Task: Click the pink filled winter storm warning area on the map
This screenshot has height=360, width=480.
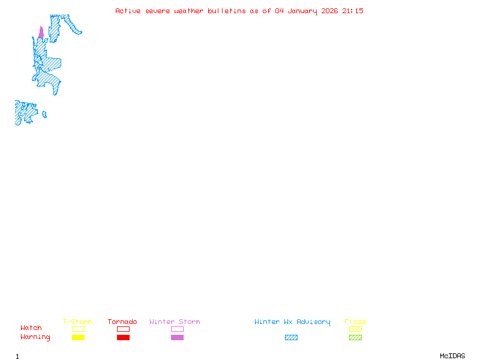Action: coord(41,33)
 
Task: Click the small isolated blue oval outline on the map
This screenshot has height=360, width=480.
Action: coord(44,115)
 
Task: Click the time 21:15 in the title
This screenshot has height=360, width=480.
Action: coord(353,11)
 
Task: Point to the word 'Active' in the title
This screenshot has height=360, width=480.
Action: coord(128,11)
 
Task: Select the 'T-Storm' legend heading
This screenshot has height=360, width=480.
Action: coord(77,322)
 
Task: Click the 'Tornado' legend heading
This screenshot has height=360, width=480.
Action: coord(122,322)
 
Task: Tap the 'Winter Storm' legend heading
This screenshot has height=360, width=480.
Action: coord(175,322)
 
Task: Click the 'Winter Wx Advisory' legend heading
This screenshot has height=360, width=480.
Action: coord(292,322)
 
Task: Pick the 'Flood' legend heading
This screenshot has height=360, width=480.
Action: coord(355,322)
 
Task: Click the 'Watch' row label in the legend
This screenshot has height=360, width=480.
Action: coord(31,328)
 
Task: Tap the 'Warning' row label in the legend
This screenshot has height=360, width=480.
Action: coord(35,337)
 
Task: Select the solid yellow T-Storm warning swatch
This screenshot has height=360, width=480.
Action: coord(78,337)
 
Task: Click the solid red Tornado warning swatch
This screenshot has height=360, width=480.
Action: coord(123,337)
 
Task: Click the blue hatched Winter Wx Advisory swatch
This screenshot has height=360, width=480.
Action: coord(291,337)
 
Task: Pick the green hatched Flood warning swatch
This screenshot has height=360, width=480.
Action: coord(355,337)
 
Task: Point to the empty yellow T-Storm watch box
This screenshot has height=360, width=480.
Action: coord(78,329)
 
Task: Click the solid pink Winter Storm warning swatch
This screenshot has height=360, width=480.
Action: coord(177,337)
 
